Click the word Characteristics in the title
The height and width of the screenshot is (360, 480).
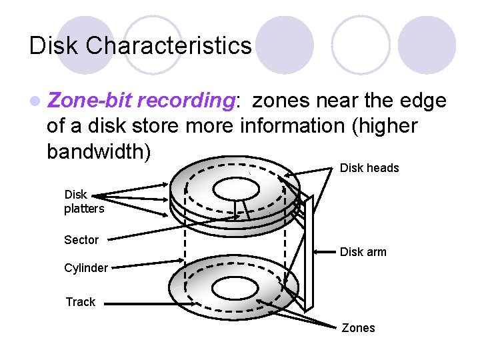tap(169, 46)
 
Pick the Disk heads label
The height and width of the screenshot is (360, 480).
tap(369, 168)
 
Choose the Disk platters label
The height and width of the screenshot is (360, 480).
tap(84, 202)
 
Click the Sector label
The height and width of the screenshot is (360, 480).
tap(81, 240)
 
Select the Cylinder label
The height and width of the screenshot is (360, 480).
tap(85, 268)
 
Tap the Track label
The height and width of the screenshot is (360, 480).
tap(80, 302)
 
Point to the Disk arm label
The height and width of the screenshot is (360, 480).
tap(363, 252)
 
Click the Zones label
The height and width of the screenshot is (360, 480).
tap(358, 328)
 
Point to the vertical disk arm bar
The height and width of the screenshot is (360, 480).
tap(307, 253)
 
